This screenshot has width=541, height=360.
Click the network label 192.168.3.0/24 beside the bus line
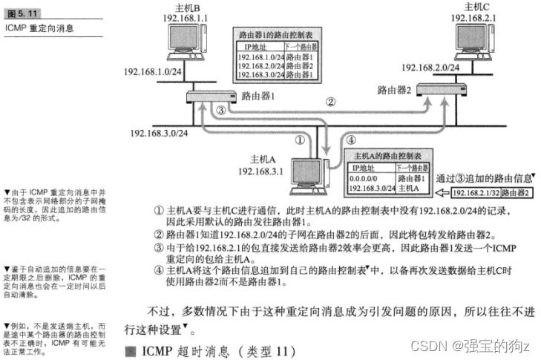point(159,133)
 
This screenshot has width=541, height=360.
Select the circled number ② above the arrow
point(332,102)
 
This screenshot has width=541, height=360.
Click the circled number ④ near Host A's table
point(332,140)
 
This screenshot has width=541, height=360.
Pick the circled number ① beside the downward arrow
point(300,140)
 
